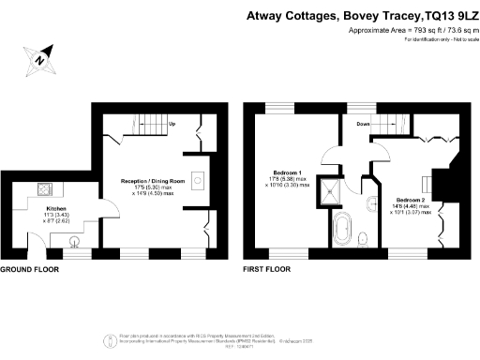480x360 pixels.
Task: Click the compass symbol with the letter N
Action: pyautogui.click(x=39, y=58)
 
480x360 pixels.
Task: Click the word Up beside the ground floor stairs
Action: pyautogui.click(x=172, y=125)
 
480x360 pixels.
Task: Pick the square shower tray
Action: pyautogui.click(x=332, y=193)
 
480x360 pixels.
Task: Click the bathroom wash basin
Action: pyautogui.click(x=372, y=202)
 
